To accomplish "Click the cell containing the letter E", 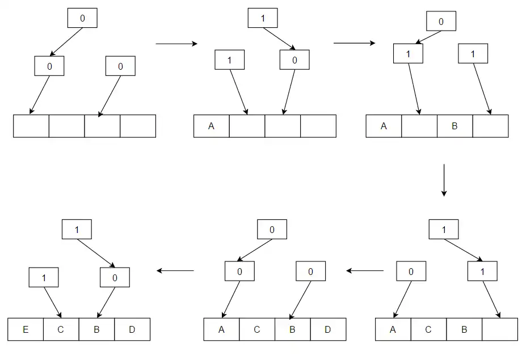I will click(26, 329).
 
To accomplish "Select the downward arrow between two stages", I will click(444, 180).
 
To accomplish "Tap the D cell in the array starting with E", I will click(132, 329).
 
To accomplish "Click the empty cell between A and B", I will click(419, 126).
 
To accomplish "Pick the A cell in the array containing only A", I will click(211, 126).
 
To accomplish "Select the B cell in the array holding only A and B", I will click(454, 126).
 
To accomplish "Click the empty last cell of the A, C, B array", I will click(499, 329).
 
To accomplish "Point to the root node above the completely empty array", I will click(82, 18).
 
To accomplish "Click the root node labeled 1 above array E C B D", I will click(76, 230).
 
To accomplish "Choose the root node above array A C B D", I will click(272, 230).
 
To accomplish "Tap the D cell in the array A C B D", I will click(328, 329).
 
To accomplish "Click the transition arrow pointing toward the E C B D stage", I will click(175, 270).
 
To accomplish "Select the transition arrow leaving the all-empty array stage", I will click(176, 44).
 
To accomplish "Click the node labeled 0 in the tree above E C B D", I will click(115, 277).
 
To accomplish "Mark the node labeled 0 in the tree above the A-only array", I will click(294, 60).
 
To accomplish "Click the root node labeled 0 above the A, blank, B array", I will click(441, 23).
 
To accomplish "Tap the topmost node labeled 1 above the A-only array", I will click(263, 18).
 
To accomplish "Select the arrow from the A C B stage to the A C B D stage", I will click(365, 270).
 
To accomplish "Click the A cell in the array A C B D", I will click(221, 329).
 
